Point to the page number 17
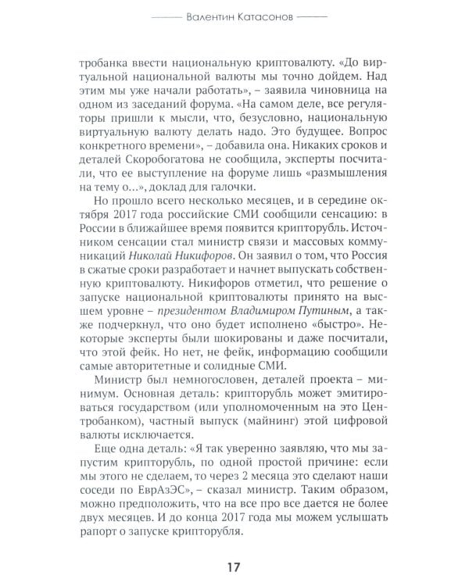click(233, 565)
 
